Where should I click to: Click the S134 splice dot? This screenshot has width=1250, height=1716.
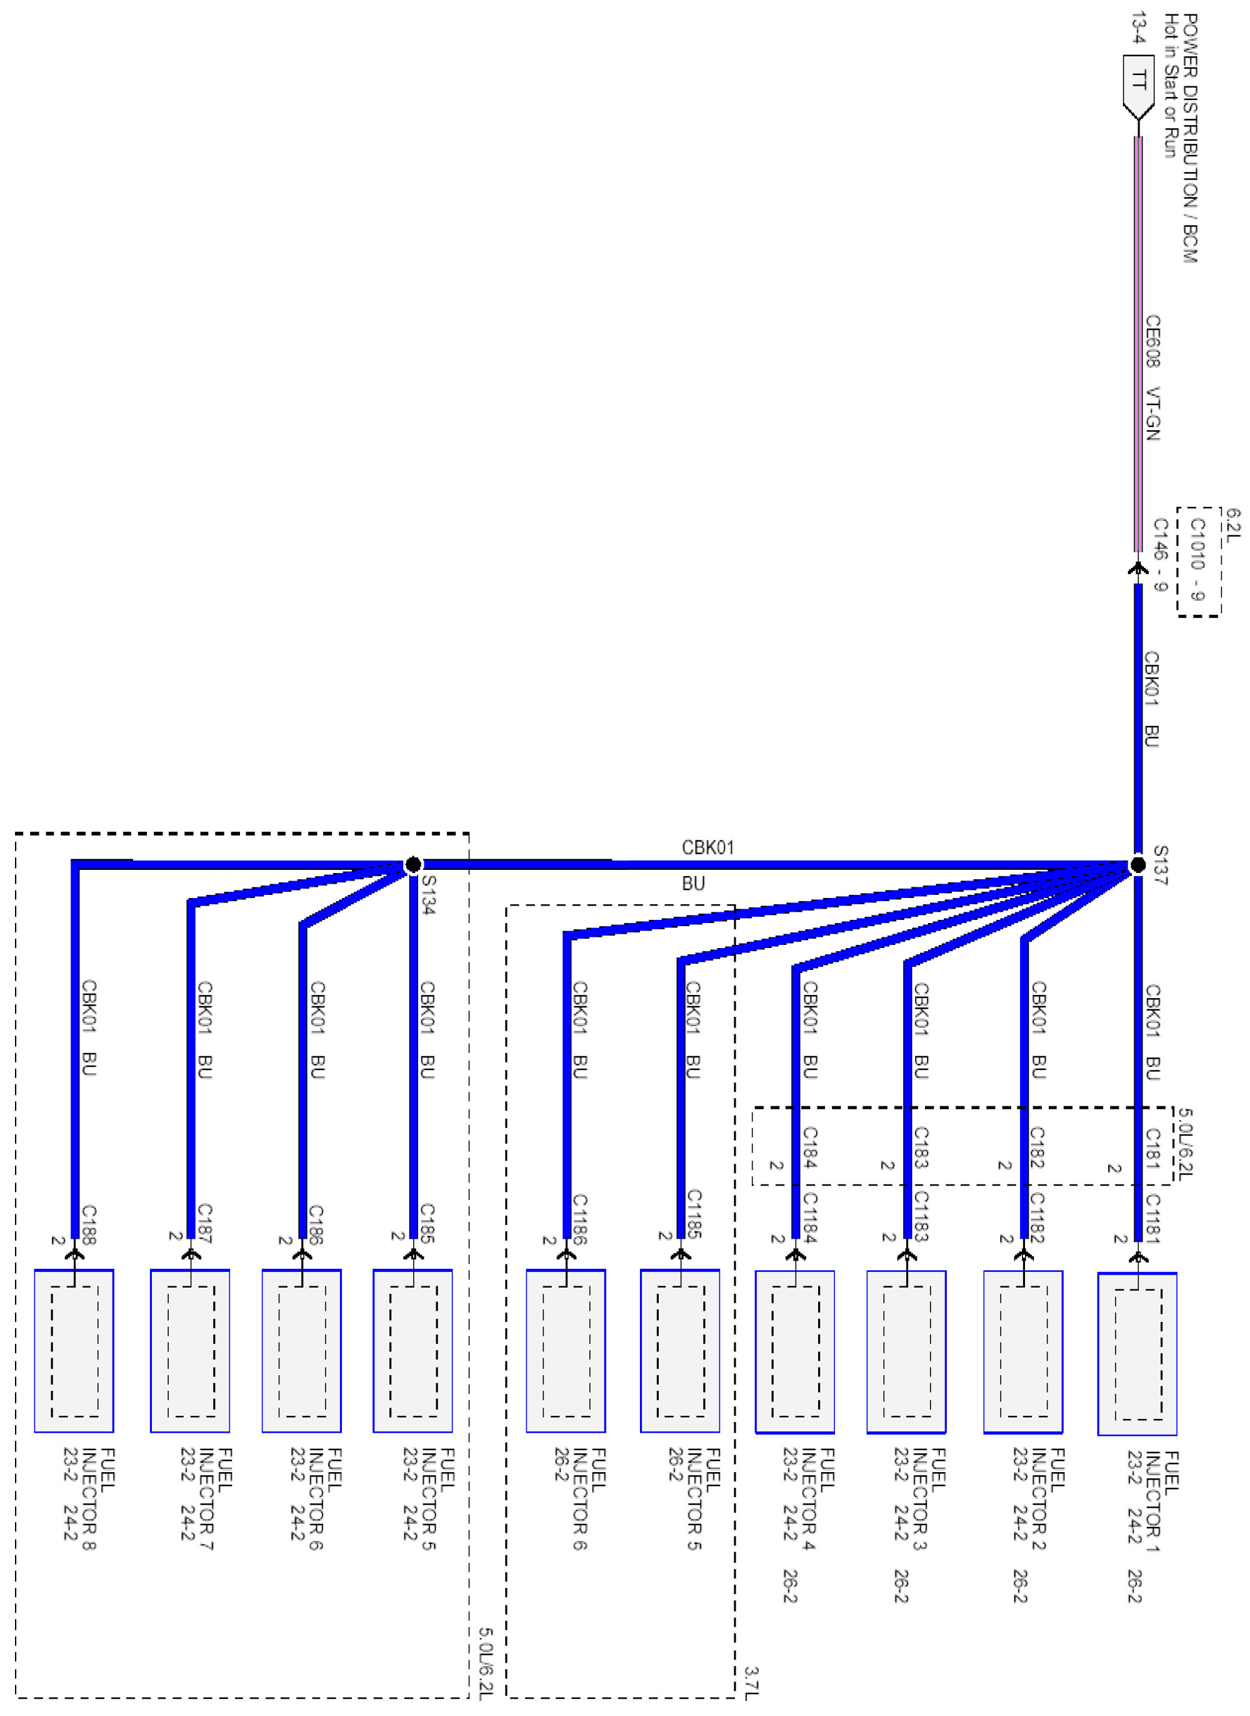tap(413, 864)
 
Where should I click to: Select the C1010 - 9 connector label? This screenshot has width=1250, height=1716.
tap(1197, 559)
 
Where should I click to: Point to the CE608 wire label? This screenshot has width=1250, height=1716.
tap(1152, 341)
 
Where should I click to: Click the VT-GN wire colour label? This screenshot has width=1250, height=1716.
tap(1152, 414)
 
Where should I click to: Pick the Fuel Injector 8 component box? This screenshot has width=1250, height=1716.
tap(74, 1351)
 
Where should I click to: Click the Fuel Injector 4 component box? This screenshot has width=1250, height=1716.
tap(794, 1352)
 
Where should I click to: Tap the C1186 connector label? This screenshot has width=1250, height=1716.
tap(579, 1219)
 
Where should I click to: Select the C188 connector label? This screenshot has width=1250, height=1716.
tap(89, 1224)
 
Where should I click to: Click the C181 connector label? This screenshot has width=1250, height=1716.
tap(1152, 1148)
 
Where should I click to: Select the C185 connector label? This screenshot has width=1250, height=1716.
tap(427, 1223)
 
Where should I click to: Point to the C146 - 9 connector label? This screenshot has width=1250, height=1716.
tap(1160, 554)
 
